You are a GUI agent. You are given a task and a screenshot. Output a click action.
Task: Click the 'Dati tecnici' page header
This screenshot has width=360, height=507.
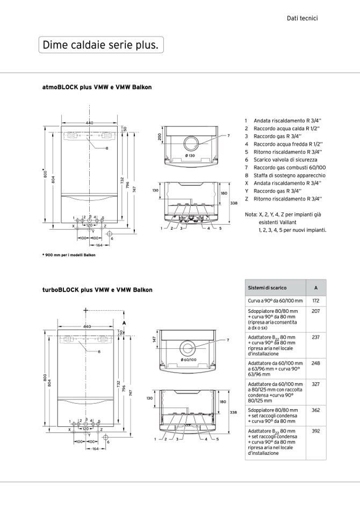[302, 18]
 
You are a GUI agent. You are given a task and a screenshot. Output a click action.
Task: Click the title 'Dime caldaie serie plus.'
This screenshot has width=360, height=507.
[100, 45]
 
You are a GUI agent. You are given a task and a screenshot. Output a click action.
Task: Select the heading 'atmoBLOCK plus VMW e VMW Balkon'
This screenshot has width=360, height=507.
[97, 87]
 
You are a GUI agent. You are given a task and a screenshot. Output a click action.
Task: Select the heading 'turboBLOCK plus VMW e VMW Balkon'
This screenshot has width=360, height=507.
[97, 290]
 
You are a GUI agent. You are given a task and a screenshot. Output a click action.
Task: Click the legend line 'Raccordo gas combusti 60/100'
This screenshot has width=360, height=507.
[290, 168]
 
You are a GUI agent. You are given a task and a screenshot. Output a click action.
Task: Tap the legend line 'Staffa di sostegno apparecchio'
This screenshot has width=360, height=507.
[290, 176]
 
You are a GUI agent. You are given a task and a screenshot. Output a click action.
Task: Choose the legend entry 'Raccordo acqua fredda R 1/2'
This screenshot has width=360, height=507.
[288, 144]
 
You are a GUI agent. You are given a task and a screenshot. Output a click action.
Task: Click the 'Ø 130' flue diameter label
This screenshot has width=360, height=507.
[190, 156]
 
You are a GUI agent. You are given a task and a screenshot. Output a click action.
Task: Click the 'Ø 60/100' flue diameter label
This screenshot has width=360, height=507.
[189, 360]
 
